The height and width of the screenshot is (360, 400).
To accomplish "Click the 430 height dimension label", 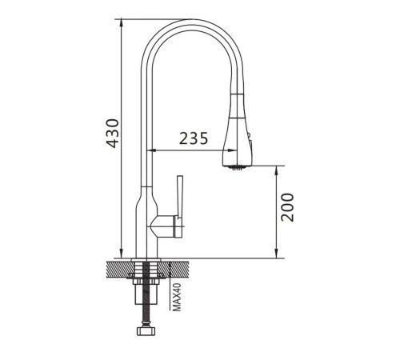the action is pyautogui.click(x=112, y=134).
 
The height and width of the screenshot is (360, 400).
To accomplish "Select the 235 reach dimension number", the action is pyautogui.click(x=194, y=138).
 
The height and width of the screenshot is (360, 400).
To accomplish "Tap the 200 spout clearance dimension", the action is pyautogui.click(x=287, y=207).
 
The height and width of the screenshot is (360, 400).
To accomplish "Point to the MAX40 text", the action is pyautogui.click(x=177, y=297).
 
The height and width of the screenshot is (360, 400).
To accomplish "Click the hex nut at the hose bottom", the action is pyautogui.click(x=146, y=331).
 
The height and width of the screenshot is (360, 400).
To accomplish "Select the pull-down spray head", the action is pyautogui.click(x=237, y=130).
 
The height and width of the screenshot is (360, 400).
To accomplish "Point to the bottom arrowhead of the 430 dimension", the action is pyautogui.click(x=122, y=254).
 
